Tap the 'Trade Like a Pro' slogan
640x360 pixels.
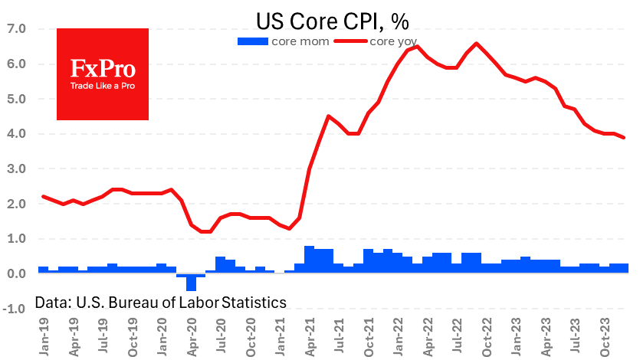102,86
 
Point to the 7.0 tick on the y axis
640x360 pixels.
16,29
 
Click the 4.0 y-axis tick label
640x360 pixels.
16,134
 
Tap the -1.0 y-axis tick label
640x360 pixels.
15,309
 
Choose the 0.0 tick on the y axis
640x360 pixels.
16,273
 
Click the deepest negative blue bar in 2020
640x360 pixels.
191,282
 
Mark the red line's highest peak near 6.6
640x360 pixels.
477,44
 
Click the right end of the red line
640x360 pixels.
624,137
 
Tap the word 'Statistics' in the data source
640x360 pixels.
253,303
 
